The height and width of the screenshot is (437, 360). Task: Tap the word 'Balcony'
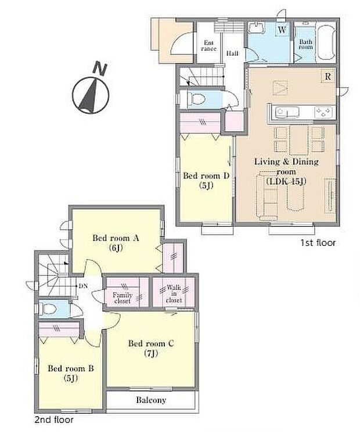152,400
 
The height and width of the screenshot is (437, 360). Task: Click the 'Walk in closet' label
174,294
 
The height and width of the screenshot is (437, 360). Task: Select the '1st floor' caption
317,243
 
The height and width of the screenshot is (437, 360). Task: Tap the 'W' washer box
281,30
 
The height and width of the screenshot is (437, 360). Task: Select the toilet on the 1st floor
194,99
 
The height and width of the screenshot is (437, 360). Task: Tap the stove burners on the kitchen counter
323,111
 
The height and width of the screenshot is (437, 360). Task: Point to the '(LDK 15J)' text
285,181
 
